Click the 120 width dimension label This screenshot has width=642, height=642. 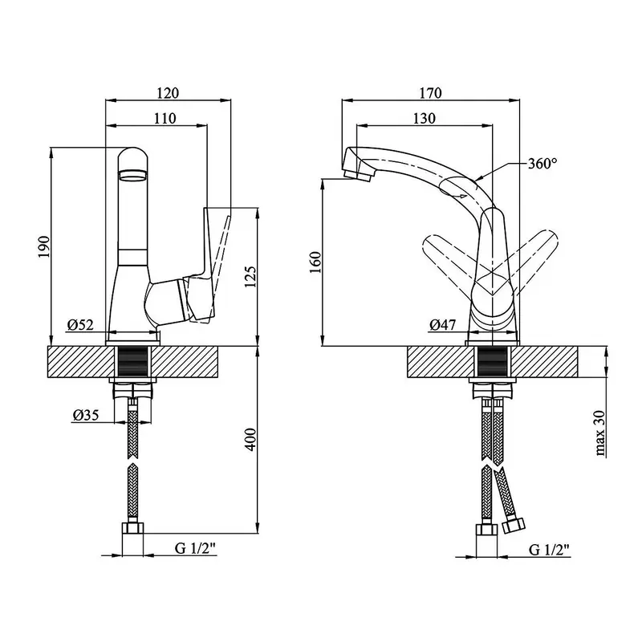[168, 93]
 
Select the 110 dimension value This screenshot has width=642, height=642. [165, 118]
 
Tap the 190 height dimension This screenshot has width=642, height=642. [44, 246]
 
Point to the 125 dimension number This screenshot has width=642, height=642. [250, 277]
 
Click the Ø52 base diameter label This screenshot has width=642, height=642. [81, 325]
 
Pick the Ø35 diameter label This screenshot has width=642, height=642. [86, 415]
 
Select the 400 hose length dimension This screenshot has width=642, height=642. [250, 440]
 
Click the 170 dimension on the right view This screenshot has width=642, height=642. [431, 93]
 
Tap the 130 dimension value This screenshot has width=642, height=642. [425, 118]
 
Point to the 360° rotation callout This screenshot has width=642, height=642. [542, 164]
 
